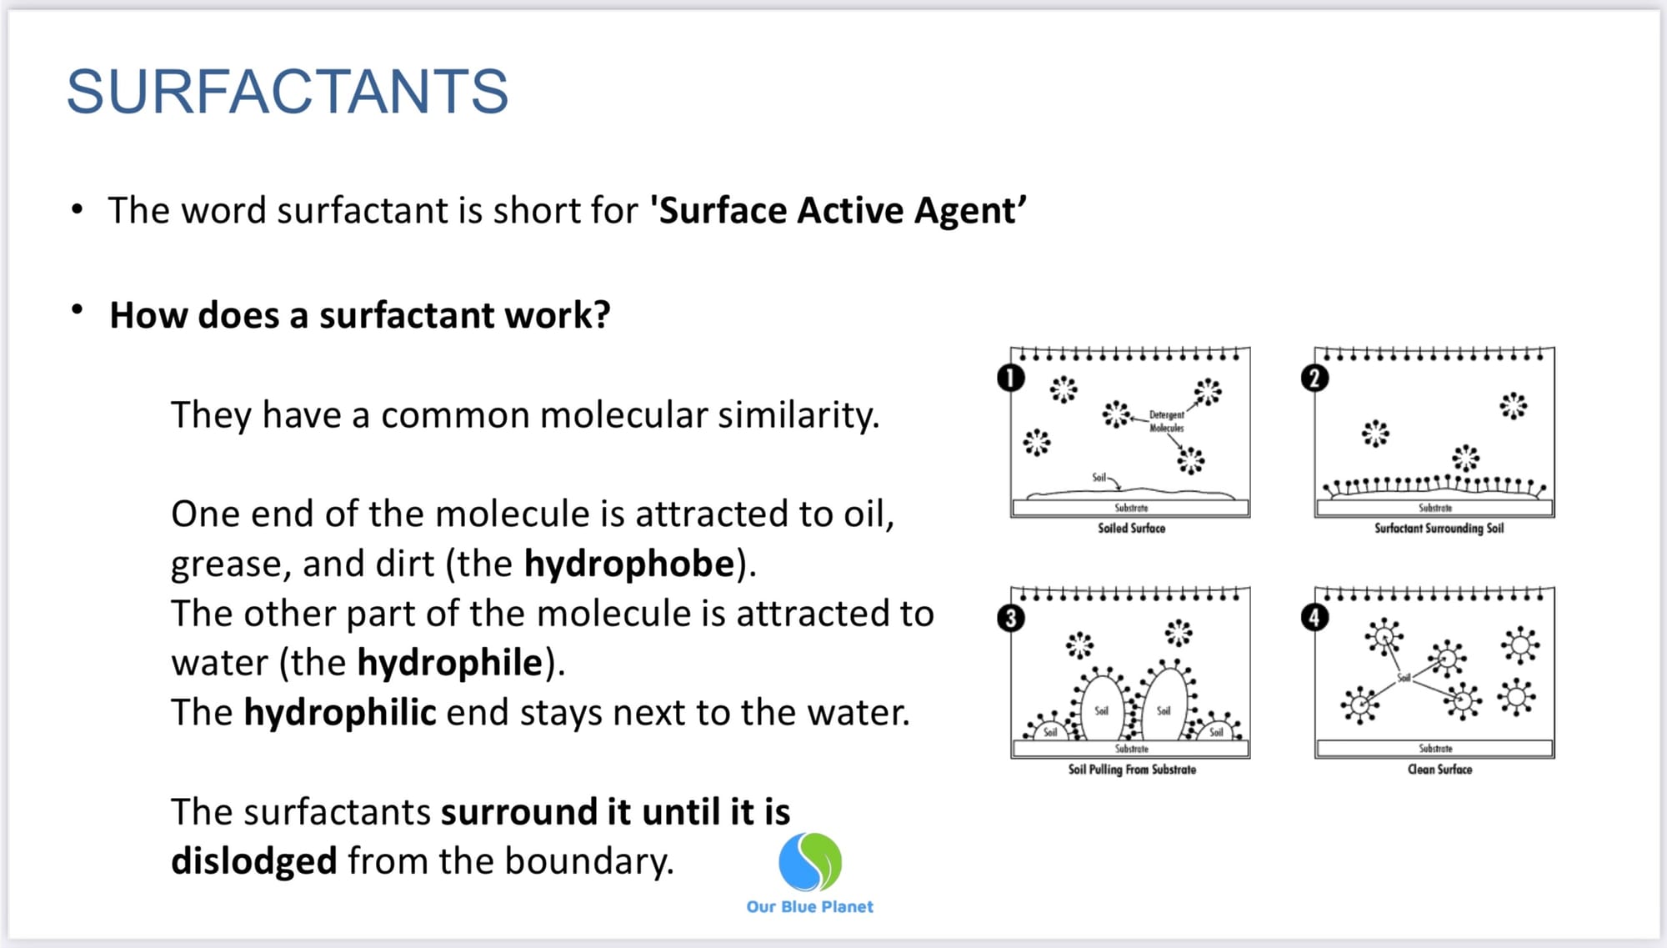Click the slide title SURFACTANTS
(x=288, y=91)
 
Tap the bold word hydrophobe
(x=630, y=564)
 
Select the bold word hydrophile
(x=450, y=664)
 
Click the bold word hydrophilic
(x=340, y=713)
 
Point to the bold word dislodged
(x=254, y=861)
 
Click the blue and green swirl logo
(x=810, y=861)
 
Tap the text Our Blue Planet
(x=810, y=906)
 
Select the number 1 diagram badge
(x=1010, y=379)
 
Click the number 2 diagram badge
(x=1314, y=379)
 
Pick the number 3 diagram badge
(x=1011, y=619)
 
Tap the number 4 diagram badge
(x=1314, y=618)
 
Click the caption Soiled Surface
(x=1131, y=528)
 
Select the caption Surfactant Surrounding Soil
(x=1439, y=528)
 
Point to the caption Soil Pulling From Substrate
(x=1132, y=770)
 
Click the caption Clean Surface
(x=1439, y=770)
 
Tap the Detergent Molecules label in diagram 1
(x=1166, y=421)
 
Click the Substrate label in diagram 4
(x=1435, y=749)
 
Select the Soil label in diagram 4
(x=1404, y=678)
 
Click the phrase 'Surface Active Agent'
(x=839, y=210)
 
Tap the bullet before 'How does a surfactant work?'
(x=78, y=310)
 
